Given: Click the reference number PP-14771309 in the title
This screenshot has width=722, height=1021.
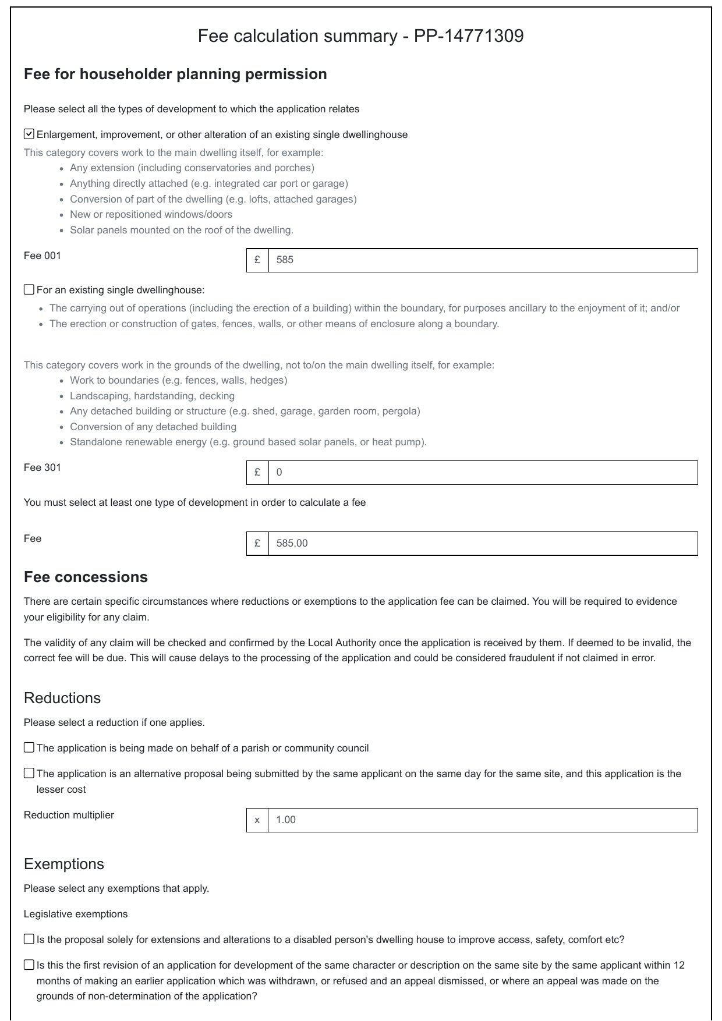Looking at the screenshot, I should [468, 36].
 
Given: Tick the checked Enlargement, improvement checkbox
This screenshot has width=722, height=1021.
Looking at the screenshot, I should [29, 134].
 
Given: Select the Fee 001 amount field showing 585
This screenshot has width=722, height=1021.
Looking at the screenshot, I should [482, 260].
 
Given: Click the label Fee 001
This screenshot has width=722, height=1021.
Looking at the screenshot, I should [43, 256].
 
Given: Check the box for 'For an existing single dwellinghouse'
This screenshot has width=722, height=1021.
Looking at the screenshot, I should [29, 290].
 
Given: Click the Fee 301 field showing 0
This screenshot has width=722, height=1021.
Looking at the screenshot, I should [482, 472].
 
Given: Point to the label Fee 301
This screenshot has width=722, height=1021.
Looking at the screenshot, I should [43, 467].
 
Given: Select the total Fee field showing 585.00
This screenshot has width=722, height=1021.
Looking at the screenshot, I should [482, 543].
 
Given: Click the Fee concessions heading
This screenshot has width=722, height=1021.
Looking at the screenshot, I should [86, 577].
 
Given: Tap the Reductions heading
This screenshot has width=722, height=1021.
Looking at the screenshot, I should [62, 698].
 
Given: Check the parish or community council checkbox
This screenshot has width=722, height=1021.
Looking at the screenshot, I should [29, 747].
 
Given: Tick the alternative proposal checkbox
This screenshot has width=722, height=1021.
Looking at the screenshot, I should [29, 773].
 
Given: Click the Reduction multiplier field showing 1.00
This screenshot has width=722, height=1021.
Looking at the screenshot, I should [482, 820].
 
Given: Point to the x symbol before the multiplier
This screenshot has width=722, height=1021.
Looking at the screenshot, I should [257, 820].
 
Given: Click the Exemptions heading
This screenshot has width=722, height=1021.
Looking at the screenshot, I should [64, 864].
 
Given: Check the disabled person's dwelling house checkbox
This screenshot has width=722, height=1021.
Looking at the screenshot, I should [29, 939].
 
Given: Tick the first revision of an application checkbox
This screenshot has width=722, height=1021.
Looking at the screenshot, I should [29, 965].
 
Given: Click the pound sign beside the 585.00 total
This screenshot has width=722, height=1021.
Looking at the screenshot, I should [257, 543].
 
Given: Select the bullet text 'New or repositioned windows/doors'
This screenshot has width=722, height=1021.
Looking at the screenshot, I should [151, 214].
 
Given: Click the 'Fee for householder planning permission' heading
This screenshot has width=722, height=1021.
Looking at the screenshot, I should [175, 75].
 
